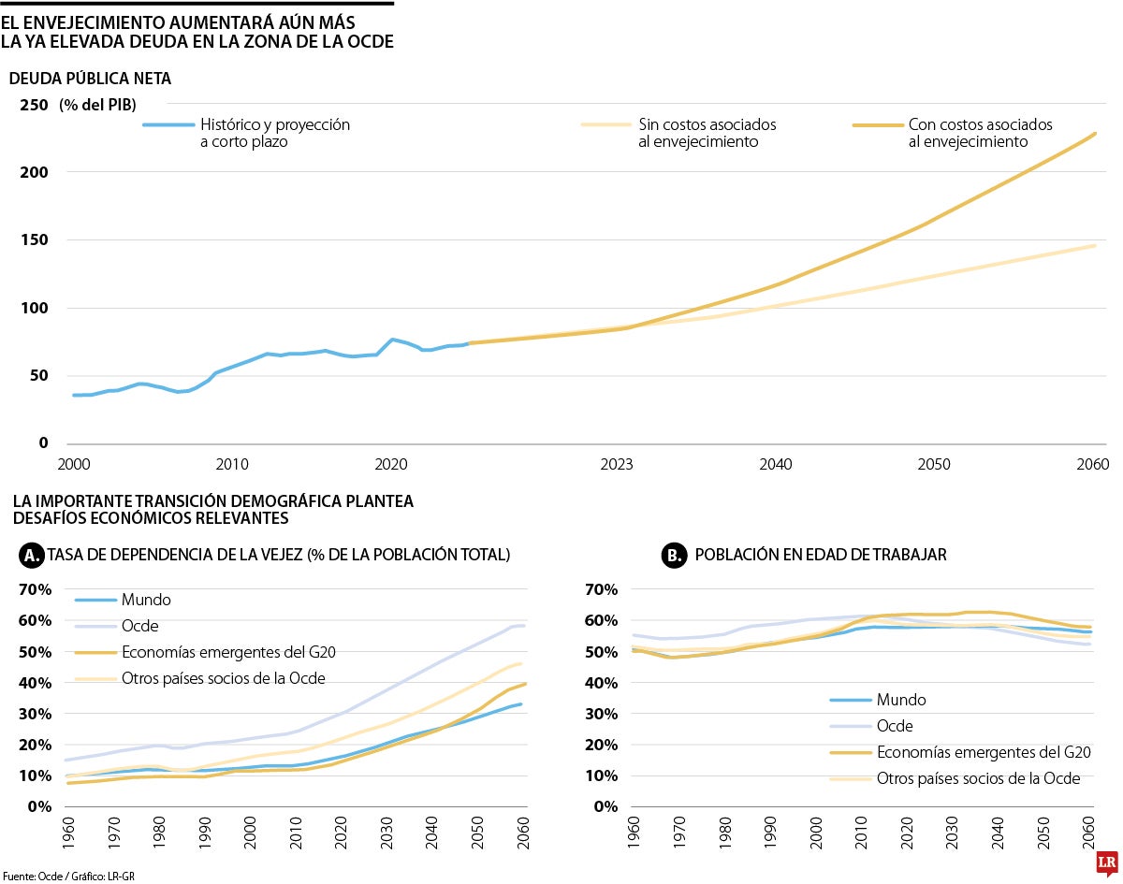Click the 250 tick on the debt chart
[x=34, y=105]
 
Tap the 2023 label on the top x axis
[x=617, y=464]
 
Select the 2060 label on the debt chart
[x=1092, y=464]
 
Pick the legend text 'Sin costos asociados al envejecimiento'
[x=707, y=133]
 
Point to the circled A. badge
[x=31, y=556]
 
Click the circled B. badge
[x=673, y=556]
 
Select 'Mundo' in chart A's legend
[x=146, y=600]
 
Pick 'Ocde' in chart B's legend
[x=895, y=725]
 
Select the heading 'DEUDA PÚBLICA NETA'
[x=90, y=79]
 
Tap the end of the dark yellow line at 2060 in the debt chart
[x=1095, y=134]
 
